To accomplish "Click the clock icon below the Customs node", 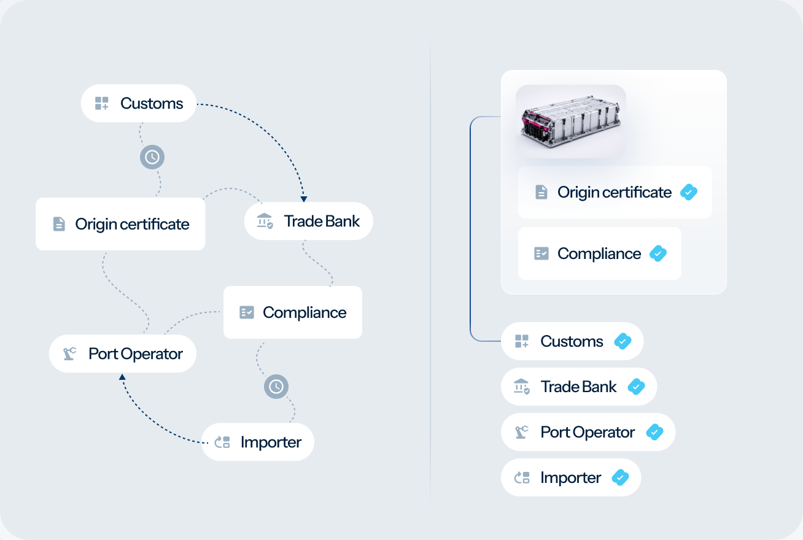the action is (152, 157).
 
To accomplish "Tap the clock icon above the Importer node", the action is (276, 387).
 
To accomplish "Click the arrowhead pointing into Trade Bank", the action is (304, 199).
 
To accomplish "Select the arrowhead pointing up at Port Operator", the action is (122, 377).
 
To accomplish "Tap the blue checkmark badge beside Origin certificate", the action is (689, 192).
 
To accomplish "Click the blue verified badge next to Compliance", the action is (658, 253).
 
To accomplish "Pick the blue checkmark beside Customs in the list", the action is (623, 341).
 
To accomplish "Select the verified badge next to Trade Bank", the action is (636, 387).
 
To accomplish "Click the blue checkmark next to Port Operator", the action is (654, 432).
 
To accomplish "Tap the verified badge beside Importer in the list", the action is (620, 477).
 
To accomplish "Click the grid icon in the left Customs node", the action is (101, 103).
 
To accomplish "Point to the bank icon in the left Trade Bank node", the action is (265, 221).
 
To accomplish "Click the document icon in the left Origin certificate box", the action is (59, 224).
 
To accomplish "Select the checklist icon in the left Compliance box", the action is (247, 312).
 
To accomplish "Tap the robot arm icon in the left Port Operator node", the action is (69, 353).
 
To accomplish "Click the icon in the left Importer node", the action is (222, 442).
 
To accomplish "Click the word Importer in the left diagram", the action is (271, 442).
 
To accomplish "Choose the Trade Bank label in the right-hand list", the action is (578, 387).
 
